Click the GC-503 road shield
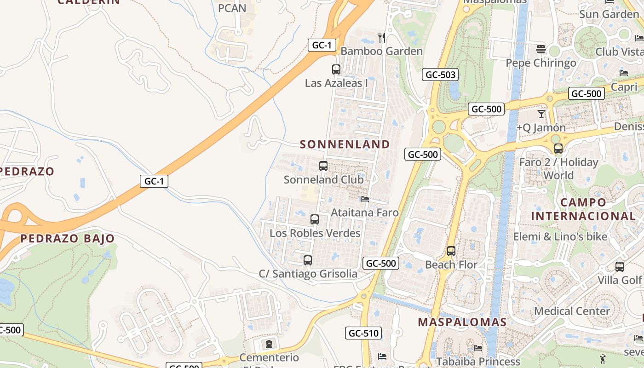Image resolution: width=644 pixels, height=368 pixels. [440, 74]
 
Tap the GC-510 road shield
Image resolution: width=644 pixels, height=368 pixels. [363, 333]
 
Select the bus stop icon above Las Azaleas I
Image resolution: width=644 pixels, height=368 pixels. [336, 69]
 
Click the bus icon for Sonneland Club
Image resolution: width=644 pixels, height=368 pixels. [323, 166]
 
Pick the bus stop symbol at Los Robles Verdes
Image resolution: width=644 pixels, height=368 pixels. [315, 219]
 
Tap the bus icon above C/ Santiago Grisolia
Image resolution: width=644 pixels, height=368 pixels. [308, 260]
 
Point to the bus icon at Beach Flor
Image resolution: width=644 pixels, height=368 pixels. [451, 251]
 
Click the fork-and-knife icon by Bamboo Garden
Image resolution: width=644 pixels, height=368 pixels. [381, 37]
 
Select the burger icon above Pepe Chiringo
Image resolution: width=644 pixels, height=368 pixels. [541, 49]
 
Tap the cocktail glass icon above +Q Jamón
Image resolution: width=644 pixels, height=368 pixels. [541, 114]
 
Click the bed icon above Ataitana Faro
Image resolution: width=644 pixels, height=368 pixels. [365, 199]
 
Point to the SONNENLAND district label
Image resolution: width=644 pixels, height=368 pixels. [345, 144]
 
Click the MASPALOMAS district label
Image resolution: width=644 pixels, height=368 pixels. [462, 322]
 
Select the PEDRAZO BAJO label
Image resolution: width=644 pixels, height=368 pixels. [67, 238]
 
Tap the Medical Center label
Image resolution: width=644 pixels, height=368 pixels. [572, 311]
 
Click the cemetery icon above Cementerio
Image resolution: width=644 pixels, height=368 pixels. [269, 344]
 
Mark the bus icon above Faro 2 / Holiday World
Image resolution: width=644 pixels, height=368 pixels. [558, 149]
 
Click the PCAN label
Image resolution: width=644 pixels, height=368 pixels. [232, 8]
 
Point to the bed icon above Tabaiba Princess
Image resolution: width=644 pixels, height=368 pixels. [478, 348]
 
